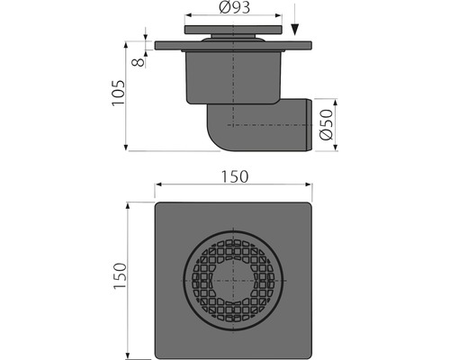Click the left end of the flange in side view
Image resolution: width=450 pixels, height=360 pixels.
click(157, 45)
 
